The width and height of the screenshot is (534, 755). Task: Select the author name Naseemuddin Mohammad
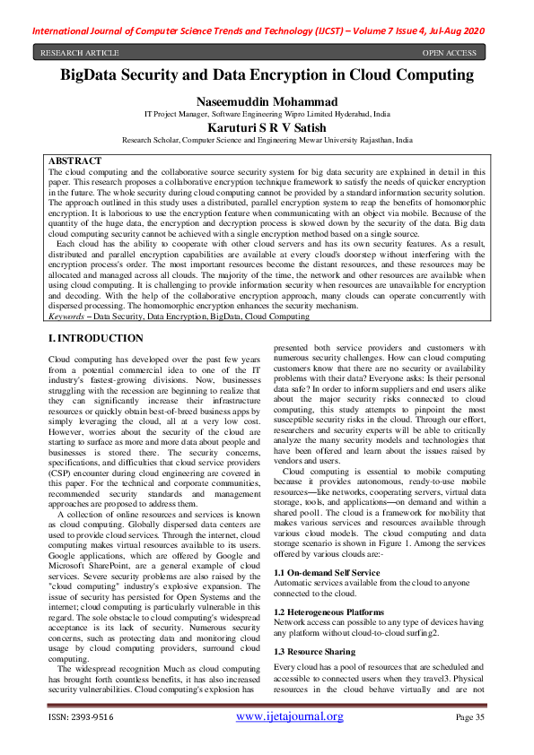coord(267,102)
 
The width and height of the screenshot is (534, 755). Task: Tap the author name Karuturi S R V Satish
coord(267,128)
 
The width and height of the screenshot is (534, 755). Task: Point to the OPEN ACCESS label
coord(449,53)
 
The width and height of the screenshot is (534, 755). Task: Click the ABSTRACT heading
coord(74,161)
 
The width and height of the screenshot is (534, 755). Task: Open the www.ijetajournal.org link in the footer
coord(290,716)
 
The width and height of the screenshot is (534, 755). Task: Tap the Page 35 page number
coord(470,717)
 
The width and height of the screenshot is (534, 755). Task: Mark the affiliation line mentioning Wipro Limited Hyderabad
coord(267,115)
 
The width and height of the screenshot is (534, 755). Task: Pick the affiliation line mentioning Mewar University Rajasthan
coord(267,141)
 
